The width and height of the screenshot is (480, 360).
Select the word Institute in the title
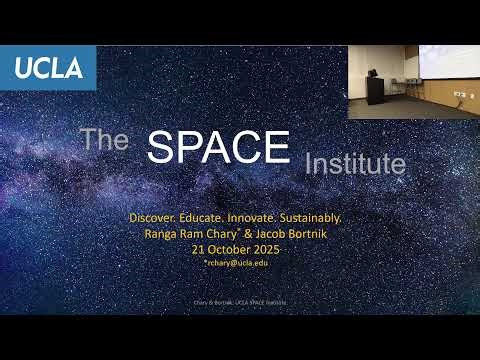coord(355,162)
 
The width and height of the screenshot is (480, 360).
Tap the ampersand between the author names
coord(252,232)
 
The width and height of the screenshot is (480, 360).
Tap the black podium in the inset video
coord(375,89)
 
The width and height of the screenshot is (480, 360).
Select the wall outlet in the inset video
coord(456,94)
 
